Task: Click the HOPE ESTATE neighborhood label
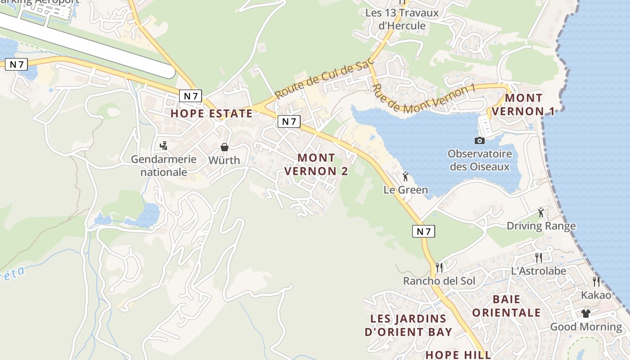click(211, 113)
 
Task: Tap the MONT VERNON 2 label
click(316, 164)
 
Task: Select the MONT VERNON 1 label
click(523, 104)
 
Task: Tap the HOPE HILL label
click(458, 355)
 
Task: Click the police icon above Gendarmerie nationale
click(164, 146)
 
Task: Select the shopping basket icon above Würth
click(225, 147)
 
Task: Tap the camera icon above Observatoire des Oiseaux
click(480, 140)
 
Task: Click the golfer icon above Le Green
click(405, 176)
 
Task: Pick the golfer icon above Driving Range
click(541, 212)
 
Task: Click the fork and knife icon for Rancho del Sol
click(440, 267)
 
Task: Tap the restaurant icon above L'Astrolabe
click(538, 257)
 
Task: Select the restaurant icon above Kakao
click(596, 282)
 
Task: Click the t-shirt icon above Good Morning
click(585, 313)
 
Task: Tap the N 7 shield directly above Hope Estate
click(191, 96)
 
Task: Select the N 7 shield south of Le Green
click(423, 231)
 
